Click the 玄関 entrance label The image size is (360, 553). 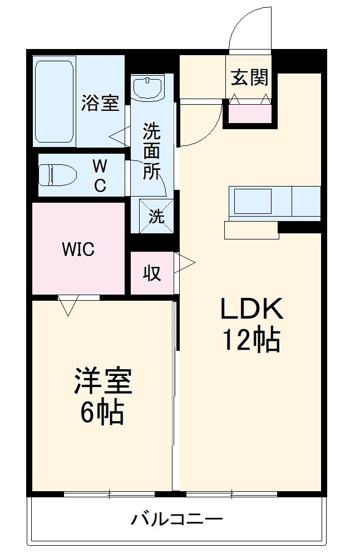(x=250, y=78)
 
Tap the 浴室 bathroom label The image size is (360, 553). (x=101, y=104)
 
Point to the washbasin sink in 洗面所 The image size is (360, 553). (x=147, y=87)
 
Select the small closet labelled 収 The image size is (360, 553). (x=151, y=273)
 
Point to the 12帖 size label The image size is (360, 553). (x=251, y=339)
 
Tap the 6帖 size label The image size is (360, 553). (x=102, y=412)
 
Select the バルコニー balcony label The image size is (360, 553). (x=177, y=520)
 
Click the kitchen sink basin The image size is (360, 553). (x=253, y=201)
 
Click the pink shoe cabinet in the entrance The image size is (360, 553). (x=250, y=114)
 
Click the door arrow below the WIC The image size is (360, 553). (x=68, y=305)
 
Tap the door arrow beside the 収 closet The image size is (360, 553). (x=185, y=262)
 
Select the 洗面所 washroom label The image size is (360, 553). (x=151, y=151)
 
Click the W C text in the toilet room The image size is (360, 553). (x=100, y=176)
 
